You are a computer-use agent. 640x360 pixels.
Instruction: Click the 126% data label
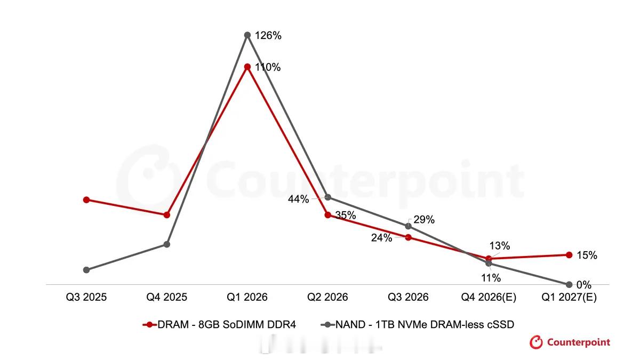[268, 36]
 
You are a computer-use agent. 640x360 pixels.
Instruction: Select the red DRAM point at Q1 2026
[247, 67]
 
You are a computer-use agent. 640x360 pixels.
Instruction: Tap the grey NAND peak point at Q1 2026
[247, 35]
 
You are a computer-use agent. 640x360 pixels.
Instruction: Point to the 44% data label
[298, 199]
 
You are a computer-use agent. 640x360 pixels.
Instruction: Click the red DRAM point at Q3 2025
[86, 199]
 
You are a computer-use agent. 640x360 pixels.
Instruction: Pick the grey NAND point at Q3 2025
[86, 270]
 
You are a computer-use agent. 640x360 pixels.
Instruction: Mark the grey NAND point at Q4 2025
[167, 244]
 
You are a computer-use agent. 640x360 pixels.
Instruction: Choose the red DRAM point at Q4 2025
[167, 215]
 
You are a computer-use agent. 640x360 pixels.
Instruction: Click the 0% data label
[583, 285]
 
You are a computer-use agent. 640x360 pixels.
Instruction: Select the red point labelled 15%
[569, 255]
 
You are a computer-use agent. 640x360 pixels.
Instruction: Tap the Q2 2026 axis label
[327, 297]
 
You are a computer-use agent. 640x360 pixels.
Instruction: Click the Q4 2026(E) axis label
[489, 298]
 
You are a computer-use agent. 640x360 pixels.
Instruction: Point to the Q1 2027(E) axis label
[569, 298]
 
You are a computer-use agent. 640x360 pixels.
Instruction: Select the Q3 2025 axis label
[86, 297]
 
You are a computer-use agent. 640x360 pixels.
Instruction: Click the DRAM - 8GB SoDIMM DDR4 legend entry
[219, 325]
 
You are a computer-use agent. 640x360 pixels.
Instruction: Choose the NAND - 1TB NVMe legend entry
[418, 325]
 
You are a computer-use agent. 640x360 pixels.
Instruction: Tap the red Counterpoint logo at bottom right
[570, 342]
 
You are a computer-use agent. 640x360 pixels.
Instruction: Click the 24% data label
[381, 238]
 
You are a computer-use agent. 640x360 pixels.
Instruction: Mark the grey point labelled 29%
[409, 226]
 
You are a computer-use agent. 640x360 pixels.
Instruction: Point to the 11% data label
[491, 278]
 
